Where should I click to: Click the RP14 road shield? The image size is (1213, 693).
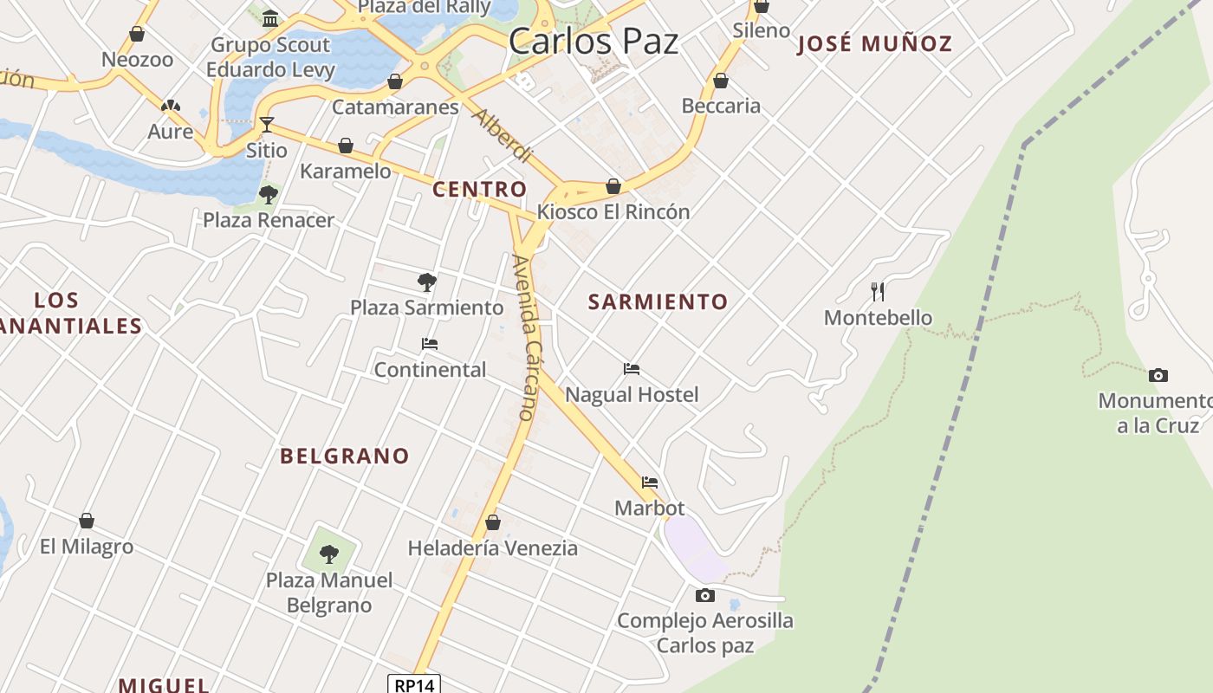coord(413,684)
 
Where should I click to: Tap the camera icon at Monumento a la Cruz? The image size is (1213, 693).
coord(1158,375)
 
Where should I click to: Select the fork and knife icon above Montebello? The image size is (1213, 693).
coord(878,291)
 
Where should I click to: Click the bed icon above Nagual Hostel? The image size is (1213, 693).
coord(632,369)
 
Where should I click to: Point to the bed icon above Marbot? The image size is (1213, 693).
coord(650,483)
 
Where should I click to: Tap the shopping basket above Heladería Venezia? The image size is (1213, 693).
coord(493,522)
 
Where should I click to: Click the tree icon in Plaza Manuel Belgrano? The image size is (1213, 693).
coord(329,554)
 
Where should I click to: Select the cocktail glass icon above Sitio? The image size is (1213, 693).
coord(266,125)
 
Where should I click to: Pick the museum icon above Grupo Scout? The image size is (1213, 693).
coord(270,18)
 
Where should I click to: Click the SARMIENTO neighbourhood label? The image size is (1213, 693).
coord(658,301)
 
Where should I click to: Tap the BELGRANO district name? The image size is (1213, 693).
coord(344,456)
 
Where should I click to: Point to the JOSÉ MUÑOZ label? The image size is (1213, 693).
coord(874,43)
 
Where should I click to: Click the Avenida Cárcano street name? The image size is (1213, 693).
coord(526,338)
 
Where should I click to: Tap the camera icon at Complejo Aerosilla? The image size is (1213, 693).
coord(705,595)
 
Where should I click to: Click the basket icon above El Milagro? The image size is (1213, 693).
coord(87,521)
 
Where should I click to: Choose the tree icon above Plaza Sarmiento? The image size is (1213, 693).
coord(426,282)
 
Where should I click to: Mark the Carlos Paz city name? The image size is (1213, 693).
coord(594,41)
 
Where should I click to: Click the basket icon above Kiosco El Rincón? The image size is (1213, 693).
coord(613,186)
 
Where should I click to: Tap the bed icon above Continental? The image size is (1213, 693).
coord(430,344)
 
